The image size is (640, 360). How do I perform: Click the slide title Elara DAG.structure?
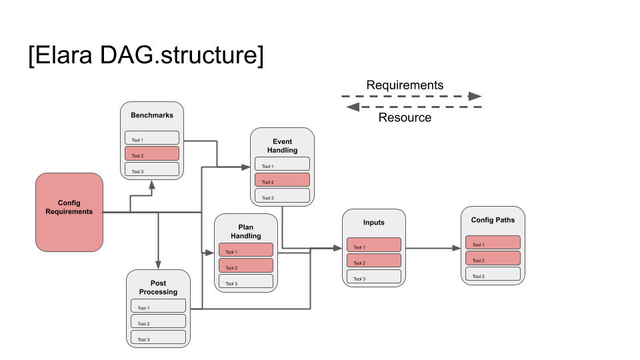click(145, 55)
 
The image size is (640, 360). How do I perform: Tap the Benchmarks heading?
click(152, 115)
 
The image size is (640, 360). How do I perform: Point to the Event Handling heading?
click(282, 146)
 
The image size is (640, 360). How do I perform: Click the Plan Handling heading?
click(245, 232)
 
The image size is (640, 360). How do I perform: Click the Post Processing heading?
click(158, 288)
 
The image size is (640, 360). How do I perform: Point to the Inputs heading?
click(373, 223)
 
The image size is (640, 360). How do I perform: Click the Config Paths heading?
click(493, 220)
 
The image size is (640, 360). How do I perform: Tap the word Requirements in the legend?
click(405, 85)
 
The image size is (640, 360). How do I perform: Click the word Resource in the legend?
click(405, 118)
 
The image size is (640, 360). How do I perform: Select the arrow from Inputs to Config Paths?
click(433, 248)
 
